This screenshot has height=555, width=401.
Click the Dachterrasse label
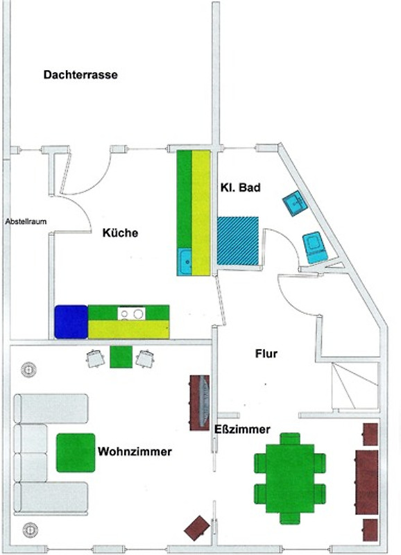pyautogui.click(x=80, y=75)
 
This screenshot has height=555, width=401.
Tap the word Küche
pyautogui.click(x=120, y=233)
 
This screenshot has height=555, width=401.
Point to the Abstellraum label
pyautogui.click(x=26, y=221)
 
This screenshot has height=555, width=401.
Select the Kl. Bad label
pyautogui.click(x=240, y=187)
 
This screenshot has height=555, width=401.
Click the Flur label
pyautogui.click(x=266, y=354)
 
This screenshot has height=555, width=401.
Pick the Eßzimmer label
pyautogui.click(x=242, y=429)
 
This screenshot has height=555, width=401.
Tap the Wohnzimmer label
pyautogui.click(x=135, y=452)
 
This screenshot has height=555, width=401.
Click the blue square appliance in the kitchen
pyautogui.click(x=71, y=322)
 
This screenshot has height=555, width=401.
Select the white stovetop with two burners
pyautogui.click(x=131, y=314)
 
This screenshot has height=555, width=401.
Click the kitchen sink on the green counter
pyautogui.click(x=185, y=262)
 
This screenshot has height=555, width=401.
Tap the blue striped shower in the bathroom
pyautogui.click(x=238, y=241)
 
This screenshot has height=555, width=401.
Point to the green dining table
pyautogui.click(x=290, y=479)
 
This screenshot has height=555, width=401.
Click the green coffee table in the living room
pyautogui.click(x=76, y=453)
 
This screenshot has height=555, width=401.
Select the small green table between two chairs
pyautogui.click(x=121, y=357)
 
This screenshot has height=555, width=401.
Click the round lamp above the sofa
pyautogui.click(x=29, y=370)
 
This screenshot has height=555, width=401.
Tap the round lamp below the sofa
pyautogui.click(x=31, y=530)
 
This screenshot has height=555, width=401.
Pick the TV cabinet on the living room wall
pyautogui.click(x=200, y=403)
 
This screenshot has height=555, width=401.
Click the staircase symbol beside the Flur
pyautogui.click(x=355, y=386)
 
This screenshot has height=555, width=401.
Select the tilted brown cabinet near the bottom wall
pyautogui.click(x=197, y=528)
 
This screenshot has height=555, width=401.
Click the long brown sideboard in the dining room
pyautogui.click(x=367, y=482)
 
